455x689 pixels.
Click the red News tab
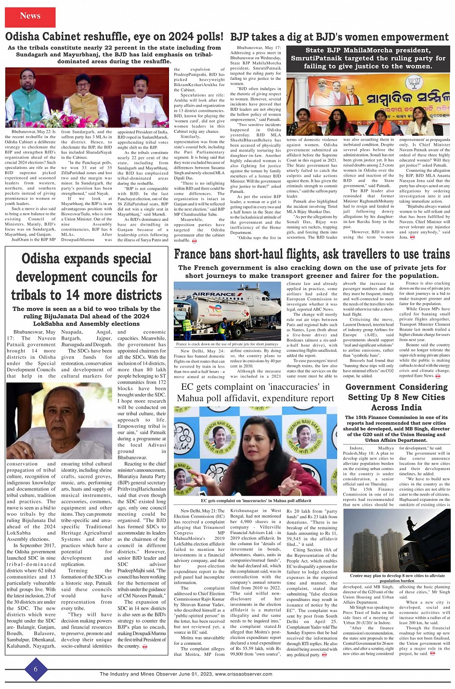(x=30, y=17)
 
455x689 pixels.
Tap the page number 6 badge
(x=36, y=670)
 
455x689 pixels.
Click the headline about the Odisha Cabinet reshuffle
(x=114, y=37)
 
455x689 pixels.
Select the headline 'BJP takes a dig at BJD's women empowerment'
(x=339, y=37)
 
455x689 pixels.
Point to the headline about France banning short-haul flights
(x=312, y=254)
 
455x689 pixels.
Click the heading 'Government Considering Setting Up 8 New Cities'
(x=396, y=397)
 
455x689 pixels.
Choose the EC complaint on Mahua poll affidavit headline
(x=255, y=393)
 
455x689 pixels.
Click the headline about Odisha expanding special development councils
(x=86, y=276)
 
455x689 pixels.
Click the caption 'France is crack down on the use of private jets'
(x=227, y=344)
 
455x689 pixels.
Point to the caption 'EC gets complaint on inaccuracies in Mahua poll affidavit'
(x=256, y=501)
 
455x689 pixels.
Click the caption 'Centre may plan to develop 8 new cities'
(x=397, y=578)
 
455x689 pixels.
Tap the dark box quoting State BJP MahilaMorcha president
(x=368, y=58)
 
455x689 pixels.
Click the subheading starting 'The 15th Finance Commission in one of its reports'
(x=396, y=429)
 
